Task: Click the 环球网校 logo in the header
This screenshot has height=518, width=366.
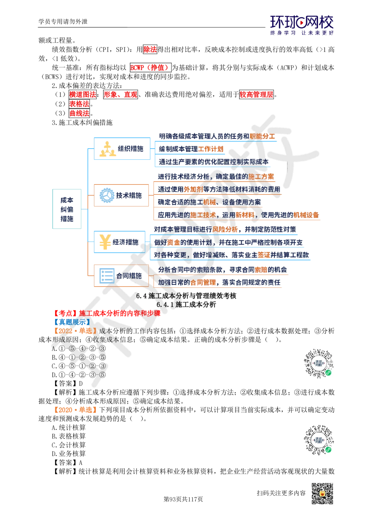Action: click(x=302, y=25)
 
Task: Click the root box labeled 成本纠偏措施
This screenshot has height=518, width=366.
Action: click(x=66, y=209)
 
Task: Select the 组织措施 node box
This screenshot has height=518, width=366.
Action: click(x=122, y=148)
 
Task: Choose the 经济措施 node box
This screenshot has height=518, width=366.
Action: click(x=119, y=242)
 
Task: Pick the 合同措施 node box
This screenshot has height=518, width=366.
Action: click(x=121, y=275)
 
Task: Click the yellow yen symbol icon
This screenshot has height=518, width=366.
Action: click(x=105, y=242)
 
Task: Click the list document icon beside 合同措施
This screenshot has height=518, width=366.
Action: click(x=105, y=275)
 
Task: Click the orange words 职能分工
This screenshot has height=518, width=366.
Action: click(x=262, y=137)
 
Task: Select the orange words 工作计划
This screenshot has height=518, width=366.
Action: click(x=210, y=149)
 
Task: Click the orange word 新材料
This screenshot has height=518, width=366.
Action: click(x=244, y=215)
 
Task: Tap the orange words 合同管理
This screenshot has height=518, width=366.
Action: click(x=203, y=282)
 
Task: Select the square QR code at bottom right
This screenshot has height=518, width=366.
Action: click(x=322, y=493)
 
